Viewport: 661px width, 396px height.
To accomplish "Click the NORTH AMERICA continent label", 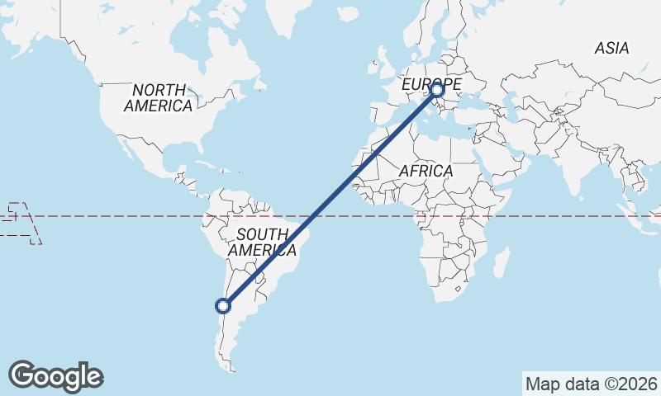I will pyautogui.click(x=159, y=97).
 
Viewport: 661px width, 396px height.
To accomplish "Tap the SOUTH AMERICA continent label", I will pyautogui.click(x=262, y=242).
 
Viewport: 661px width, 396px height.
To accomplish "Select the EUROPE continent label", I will pyautogui.click(x=430, y=84).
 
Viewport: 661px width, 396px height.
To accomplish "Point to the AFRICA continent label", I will pyautogui.click(x=426, y=171).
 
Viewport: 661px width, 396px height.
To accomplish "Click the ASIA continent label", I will pyautogui.click(x=611, y=49).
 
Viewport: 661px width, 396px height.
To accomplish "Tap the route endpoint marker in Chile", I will pyautogui.click(x=222, y=306).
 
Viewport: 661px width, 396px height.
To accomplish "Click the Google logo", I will pyautogui.click(x=56, y=376).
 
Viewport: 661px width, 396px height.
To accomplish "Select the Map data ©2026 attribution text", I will pyautogui.click(x=592, y=384).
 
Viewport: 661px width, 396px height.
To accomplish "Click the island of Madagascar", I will pyautogui.click(x=500, y=263).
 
